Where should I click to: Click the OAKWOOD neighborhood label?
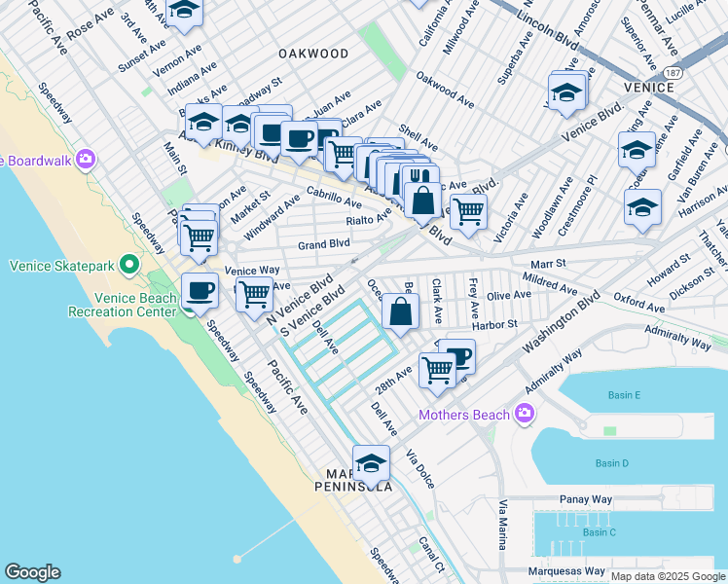tap(312, 53)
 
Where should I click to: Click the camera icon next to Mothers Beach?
tap(525, 415)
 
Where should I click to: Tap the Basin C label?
tap(599, 531)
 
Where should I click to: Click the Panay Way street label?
tap(586, 499)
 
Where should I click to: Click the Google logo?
tap(32, 572)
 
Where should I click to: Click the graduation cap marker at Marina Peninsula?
tap(371, 460)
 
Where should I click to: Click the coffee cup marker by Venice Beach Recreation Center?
tap(200, 289)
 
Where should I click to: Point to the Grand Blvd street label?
tap(323, 244)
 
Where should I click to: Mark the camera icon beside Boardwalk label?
tap(86, 159)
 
